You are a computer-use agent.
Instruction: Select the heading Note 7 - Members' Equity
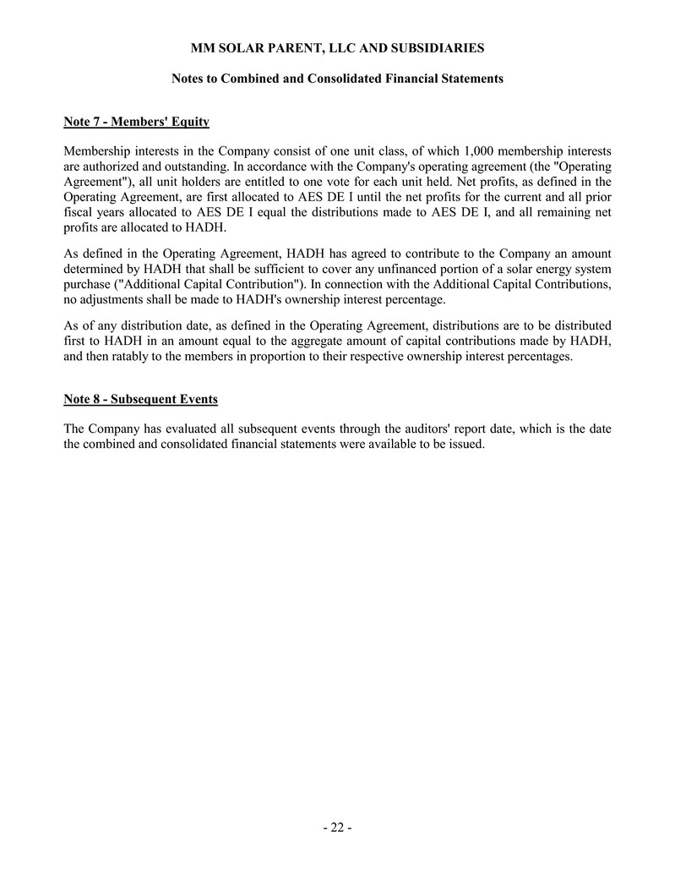click(136, 122)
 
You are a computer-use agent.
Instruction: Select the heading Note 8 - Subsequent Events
click(140, 399)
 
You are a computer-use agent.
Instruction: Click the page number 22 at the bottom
click(337, 828)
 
